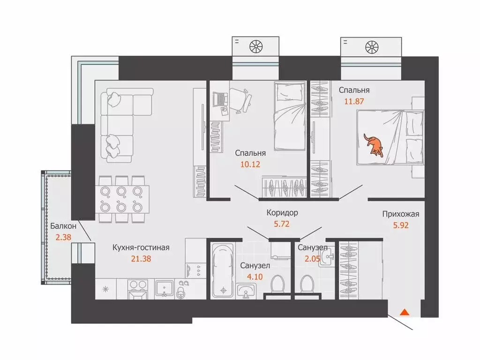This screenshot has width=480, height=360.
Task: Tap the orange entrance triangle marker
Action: click(x=405, y=312)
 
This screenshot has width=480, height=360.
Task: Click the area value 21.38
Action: click(x=141, y=259)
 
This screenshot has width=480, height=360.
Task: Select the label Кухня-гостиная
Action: click(x=141, y=247)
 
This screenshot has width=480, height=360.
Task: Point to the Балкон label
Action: click(x=63, y=226)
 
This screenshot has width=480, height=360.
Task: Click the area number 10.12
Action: click(x=250, y=165)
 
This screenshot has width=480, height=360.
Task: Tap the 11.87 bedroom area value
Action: click(x=354, y=101)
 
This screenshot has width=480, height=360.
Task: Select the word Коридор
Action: click(x=282, y=213)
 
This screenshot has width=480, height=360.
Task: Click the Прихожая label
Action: click(x=400, y=214)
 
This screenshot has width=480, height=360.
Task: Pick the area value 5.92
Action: click(x=401, y=225)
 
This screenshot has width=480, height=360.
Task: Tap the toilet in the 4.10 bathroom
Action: click(x=278, y=285)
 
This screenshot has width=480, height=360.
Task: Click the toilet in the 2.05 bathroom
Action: click(x=307, y=285)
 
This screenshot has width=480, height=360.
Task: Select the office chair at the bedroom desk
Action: click(x=241, y=100)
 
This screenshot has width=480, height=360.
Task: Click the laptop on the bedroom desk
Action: click(x=220, y=99)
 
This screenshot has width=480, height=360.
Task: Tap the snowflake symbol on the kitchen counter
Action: click(x=105, y=289)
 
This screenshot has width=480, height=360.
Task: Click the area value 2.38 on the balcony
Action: click(x=63, y=237)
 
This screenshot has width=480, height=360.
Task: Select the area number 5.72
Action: click(x=282, y=224)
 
